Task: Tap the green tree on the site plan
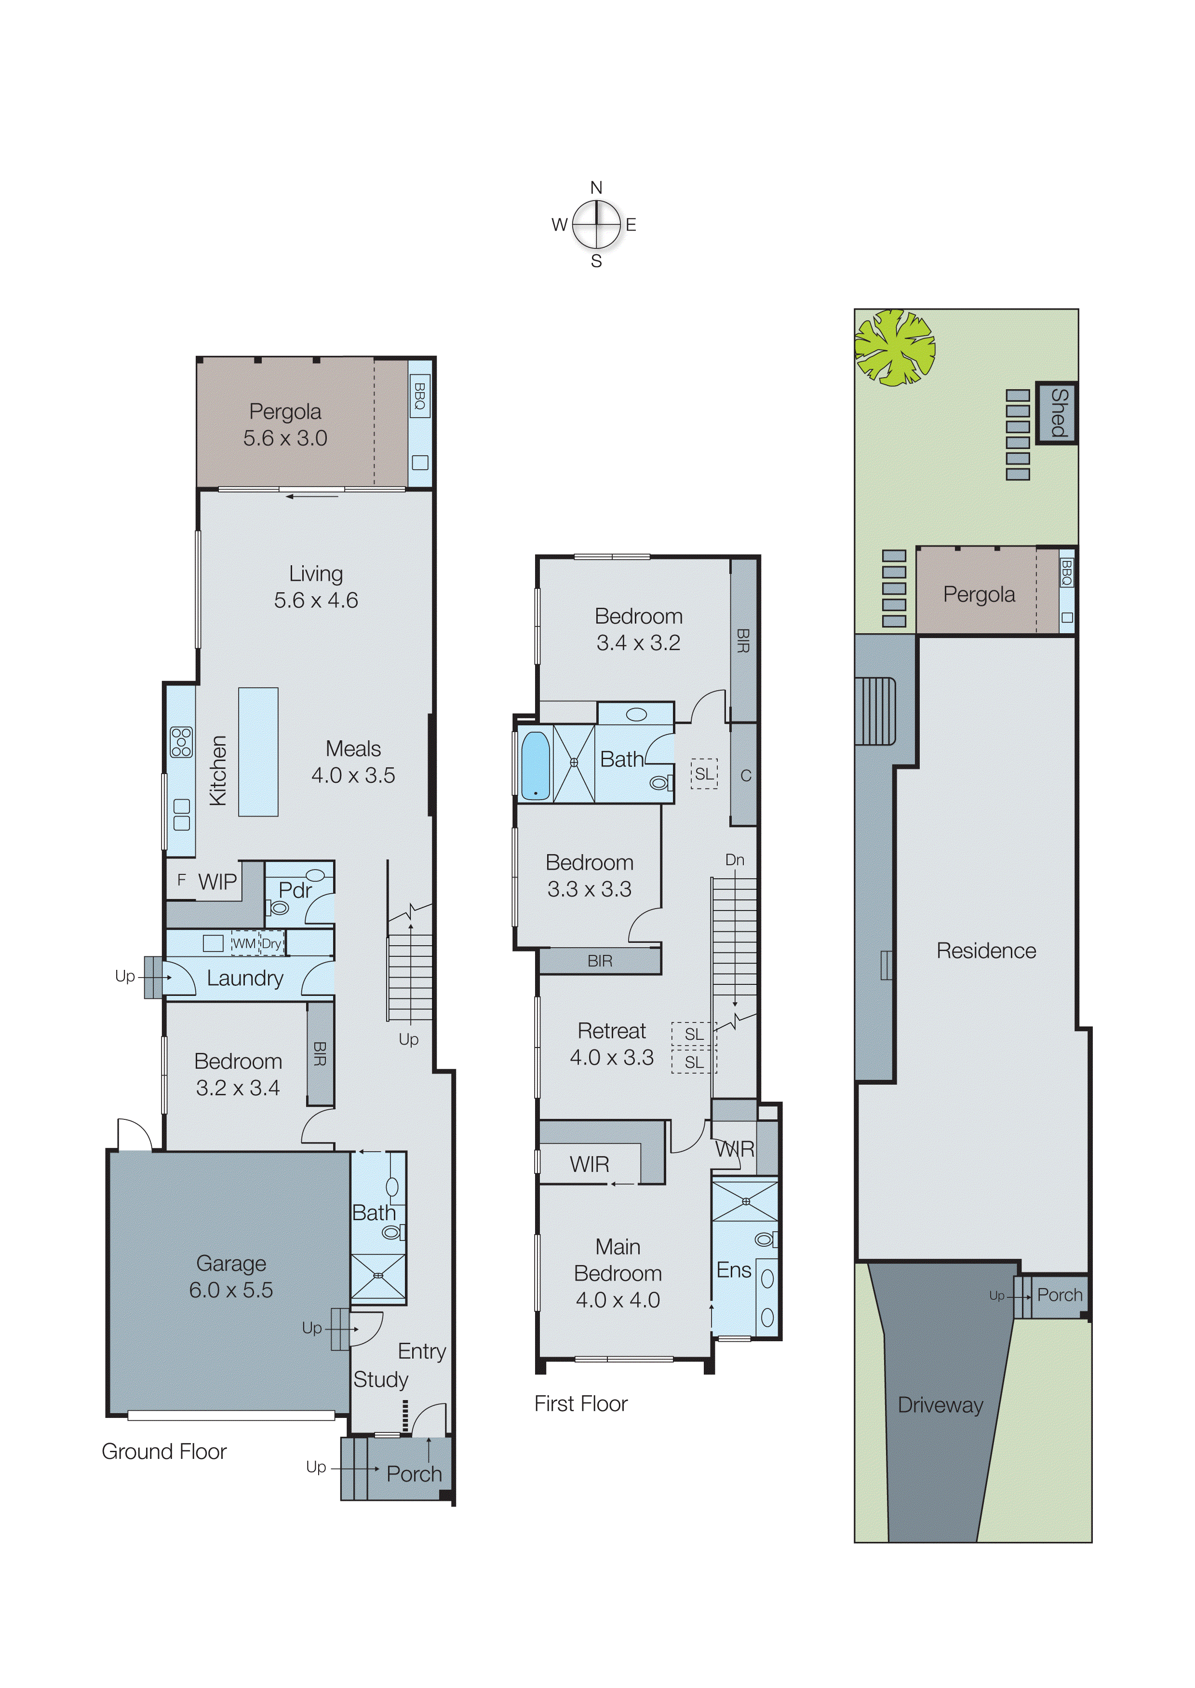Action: tap(894, 347)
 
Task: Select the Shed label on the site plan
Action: tap(1058, 413)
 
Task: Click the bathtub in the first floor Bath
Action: tap(535, 765)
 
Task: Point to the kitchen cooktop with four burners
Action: tap(181, 742)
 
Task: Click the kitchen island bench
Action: tap(258, 751)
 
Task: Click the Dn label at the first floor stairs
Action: tap(734, 860)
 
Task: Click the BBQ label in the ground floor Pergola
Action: tap(419, 396)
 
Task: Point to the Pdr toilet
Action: tap(278, 908)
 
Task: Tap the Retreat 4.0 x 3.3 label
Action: tap(612, 1044)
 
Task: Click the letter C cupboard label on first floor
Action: tap(745, 775)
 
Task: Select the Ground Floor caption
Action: tap(164, 1451)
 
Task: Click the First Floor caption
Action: tap(580, 1403)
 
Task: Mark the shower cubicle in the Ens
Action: tap(745, 1201)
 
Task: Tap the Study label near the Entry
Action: tap(380, 1379)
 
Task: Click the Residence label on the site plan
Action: tap(985, 951)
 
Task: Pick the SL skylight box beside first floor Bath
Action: tap(703, 774)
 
